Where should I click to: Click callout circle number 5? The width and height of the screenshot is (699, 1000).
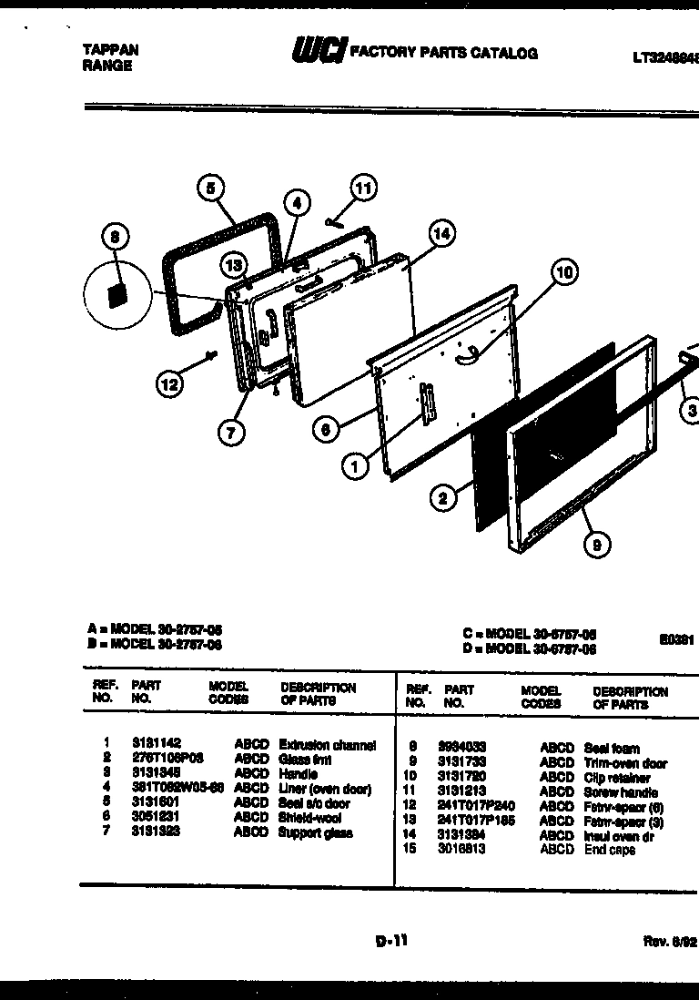click(210, 189)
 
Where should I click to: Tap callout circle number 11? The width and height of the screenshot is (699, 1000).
click(363, 189)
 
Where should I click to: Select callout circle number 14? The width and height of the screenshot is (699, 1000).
click(441, 234)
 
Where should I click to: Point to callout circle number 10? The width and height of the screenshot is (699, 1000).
click(564, 272)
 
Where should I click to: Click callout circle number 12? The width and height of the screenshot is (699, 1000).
click(168, 384)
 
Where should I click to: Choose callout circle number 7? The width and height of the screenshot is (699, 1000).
click(231, 433)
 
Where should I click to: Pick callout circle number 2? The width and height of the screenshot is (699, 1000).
click(443, 497)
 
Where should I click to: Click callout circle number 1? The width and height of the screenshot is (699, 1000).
click(355, 465)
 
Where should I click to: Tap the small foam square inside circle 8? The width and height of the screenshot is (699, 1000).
click(116, 295)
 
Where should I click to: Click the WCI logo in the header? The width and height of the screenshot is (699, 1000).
click(319, 53)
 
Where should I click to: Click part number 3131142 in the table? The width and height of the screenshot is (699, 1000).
click(156, 744)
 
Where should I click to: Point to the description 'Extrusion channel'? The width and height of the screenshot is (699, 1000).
click(327, 744)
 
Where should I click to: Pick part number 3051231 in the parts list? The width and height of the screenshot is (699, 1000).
click(156, 818)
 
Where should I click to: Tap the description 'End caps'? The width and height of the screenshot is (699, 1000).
click(610, 850)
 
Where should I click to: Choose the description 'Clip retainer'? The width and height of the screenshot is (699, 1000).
click(617, 778)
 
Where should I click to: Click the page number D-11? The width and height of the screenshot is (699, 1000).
click(391, 943)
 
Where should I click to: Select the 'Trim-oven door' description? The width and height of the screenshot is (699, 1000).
click(625, 763)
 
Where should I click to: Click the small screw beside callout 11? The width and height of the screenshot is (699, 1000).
click(332, 220)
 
